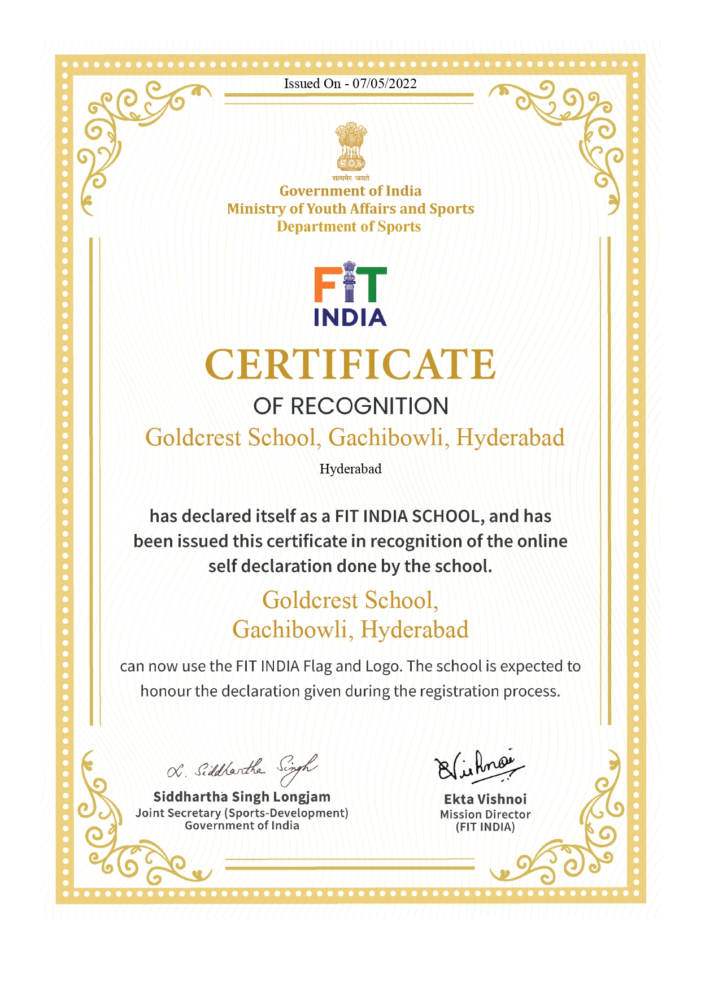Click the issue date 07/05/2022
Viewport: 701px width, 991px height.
click(x=385, y=84)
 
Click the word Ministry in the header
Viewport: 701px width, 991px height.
click(x=256, y=208)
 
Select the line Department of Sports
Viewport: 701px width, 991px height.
click(x=349, y=227)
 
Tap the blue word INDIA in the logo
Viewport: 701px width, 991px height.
click(x=350, y=318)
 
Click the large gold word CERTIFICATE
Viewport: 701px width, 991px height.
click(x=350, y=364)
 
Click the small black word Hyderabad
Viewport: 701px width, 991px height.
click(x=350, y=469)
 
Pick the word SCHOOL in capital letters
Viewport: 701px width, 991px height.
click(x=445, y=516)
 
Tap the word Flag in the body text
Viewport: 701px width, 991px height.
click(x=317, y=666)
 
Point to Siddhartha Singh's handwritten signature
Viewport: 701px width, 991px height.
click(x=242, y=768)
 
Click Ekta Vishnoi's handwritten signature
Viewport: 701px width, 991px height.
click(x=479, y=766)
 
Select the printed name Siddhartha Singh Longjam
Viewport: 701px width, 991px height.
click(x=242, y=797)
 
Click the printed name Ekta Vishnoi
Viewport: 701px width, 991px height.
click(x=485, y=799)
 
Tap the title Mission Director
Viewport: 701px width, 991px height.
click(x=485, y=814)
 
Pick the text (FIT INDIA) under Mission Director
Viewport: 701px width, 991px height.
click(x=485, y=827)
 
